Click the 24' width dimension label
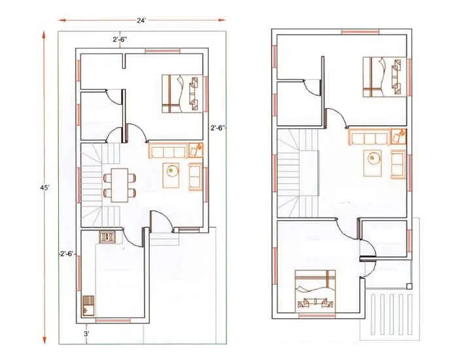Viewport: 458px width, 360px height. pyautogui.click(x=141, y=20)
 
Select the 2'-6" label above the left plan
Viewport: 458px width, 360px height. pyautogui.click(x=120, y=40)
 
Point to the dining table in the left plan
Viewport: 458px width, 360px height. pyautogui.click(x=119, y=184)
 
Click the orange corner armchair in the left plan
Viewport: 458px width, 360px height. pyautogui.click(x=196, y=149)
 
